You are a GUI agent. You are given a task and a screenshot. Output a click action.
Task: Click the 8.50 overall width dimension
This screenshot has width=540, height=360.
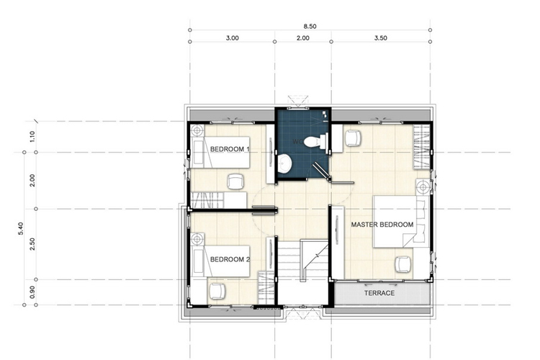click(x=310, y=26)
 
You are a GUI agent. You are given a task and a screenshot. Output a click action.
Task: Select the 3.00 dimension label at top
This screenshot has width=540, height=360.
click(x=232, y=38)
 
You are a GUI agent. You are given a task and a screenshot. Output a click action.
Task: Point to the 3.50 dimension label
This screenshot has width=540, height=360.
click(x=381, y=38)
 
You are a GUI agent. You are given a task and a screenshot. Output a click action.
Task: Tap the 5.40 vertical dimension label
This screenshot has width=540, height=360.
click(x=21, y=229)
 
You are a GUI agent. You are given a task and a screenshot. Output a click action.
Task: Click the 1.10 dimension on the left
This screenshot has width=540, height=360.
click(x=32, y=137)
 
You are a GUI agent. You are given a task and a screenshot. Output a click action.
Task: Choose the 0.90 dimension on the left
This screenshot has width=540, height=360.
click(x=32, y=292)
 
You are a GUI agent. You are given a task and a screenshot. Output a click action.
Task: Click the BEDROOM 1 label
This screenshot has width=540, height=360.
click(x=230, y=149)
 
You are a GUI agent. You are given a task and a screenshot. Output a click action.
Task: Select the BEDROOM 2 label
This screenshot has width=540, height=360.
click(x=230, y=259)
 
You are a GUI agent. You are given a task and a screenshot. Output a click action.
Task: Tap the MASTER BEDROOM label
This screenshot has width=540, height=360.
click(x=382, y=225)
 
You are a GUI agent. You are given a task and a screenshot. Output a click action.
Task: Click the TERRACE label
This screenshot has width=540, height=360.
click(x=379, y=293)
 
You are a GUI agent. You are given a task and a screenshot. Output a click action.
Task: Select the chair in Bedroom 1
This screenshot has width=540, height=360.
click(x=235, y=181)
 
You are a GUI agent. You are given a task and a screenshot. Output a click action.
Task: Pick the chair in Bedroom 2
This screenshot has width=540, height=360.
click(x=217, y=291)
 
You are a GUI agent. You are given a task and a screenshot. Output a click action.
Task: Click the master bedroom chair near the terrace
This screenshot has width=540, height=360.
click(x=403, y=264)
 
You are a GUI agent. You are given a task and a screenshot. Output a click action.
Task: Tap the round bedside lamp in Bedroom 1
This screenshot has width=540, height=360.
click(x=197, y=131)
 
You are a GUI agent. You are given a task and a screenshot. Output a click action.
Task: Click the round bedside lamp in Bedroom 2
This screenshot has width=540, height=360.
click(x=197, y=239)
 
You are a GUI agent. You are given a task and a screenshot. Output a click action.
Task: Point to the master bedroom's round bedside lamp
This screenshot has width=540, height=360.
click(x=423, y=187)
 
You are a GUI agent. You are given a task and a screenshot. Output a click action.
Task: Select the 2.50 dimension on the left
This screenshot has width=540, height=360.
click(x=32, y=244)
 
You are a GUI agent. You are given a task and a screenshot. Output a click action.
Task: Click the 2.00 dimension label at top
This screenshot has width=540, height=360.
click(x=303, y=38)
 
